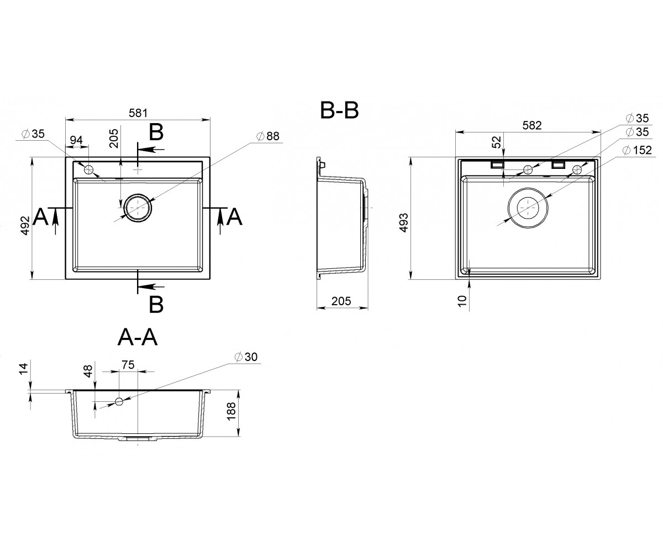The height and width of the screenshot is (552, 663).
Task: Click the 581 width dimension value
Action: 138,113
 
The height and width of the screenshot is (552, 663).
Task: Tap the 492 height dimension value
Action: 25,225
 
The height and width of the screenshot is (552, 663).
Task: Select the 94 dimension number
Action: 76,140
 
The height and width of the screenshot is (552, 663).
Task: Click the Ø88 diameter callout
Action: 267,136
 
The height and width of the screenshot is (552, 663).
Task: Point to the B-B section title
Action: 339,110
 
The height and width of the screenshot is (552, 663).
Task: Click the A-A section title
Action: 138,337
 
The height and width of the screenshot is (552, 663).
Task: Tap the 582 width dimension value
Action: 532,126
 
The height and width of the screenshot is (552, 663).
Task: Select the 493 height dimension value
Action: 403,222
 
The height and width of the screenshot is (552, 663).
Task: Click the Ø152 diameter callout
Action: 637,150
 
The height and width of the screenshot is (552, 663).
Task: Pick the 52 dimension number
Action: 497,142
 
